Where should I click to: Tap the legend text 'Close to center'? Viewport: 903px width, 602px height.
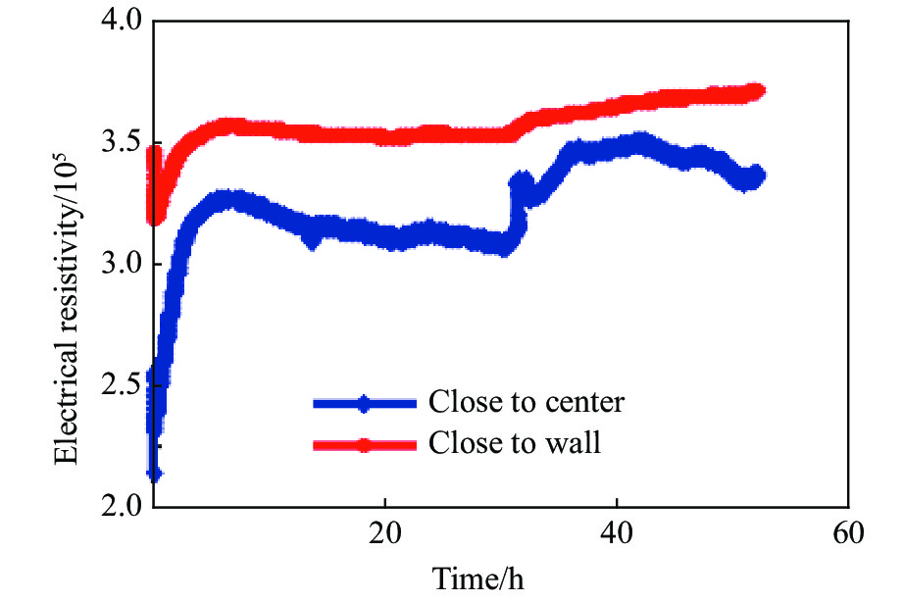[526, 402]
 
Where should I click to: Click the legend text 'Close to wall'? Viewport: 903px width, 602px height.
[514, 444]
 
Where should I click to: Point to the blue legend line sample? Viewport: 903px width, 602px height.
[364, 403]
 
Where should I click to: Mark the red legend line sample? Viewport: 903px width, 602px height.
[364, 445]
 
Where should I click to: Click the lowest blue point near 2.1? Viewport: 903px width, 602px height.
[154, 475]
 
